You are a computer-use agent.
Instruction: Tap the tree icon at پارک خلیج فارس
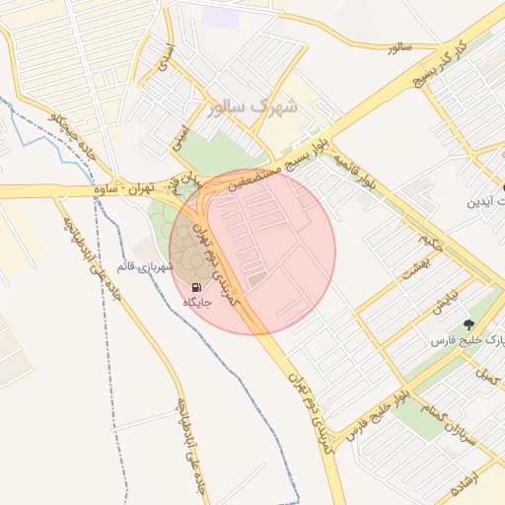tap(467, 324)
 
